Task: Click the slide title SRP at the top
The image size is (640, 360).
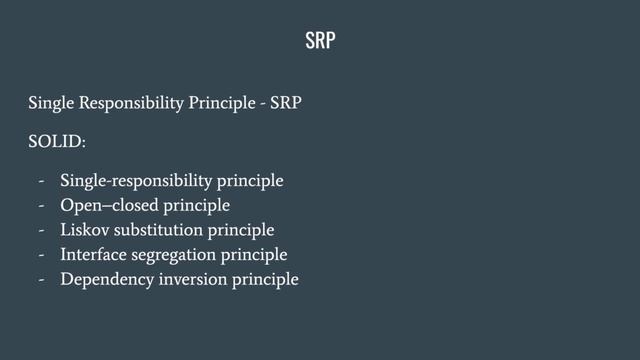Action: [x=320, y=41]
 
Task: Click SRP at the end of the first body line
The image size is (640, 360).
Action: [x=288, y=103]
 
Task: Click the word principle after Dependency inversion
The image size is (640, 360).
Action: [x=266, y=279]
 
